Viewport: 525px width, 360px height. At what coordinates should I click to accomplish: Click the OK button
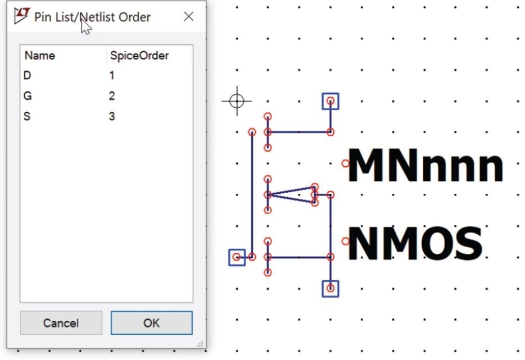tap(151, 323)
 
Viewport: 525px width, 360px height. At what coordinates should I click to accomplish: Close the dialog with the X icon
tap(189, 16)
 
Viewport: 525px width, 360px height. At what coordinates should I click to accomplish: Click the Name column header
tap(40, 56)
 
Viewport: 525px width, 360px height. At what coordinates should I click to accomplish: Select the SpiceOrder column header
tap(139, 56)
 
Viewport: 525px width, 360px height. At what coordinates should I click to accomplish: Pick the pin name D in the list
tap(28, 75)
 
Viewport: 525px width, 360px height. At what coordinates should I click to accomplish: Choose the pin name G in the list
tap(28, 96)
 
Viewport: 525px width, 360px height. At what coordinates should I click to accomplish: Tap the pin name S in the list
tap(27, 116)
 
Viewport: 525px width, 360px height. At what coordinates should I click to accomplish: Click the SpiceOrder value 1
tap(112, 75)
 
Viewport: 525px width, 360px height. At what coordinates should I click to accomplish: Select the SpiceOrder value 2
tap(112, 96)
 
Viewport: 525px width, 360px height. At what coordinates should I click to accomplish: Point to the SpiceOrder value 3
tap(112, 116)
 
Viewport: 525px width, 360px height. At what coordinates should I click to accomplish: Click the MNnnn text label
tap(426, 165)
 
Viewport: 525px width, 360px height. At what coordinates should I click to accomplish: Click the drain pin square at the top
tap(331, 102)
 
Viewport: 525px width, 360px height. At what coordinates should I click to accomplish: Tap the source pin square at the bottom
tap(331, 289)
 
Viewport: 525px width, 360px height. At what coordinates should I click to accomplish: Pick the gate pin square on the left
tap(237, 257)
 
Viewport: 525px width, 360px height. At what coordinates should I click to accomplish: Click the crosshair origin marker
tap(237, 101)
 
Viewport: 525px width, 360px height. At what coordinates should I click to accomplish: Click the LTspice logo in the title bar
tap(22, 16)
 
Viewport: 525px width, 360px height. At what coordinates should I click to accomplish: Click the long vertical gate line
tap(252, 194)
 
